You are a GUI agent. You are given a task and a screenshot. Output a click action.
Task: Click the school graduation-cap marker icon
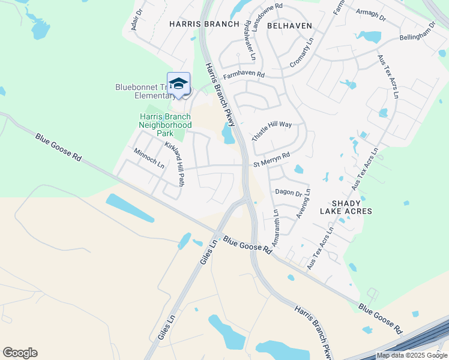tap(178, 84)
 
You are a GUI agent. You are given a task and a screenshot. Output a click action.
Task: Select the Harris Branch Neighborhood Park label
tap(165, 125)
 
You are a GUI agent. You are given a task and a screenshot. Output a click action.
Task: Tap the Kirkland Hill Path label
tap(173, 163)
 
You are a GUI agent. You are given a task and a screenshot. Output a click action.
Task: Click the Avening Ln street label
tap(303, 203)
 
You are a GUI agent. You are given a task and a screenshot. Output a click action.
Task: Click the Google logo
tap(20, 353)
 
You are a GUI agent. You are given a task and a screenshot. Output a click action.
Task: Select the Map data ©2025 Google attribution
tap(412, 355)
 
